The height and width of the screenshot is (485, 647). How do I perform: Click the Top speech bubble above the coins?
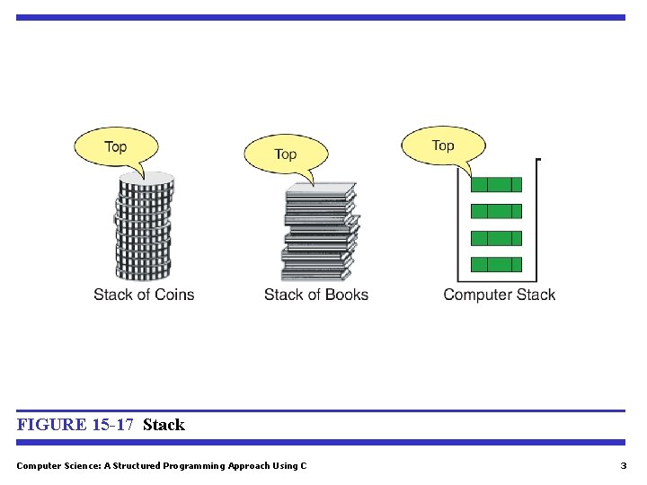click(116, 147)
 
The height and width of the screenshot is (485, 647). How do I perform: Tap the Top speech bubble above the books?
click(286, 154)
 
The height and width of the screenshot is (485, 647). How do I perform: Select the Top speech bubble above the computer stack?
click(443, 145)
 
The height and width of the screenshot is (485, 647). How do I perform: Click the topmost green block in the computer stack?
click(496, 185)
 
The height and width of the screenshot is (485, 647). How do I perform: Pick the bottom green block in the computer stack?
click(496, 264)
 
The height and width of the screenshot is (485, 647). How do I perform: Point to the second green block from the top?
click(496, 211)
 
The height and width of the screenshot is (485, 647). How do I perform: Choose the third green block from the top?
click(496, 238)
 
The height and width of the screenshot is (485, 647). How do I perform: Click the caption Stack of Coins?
click(144, 295)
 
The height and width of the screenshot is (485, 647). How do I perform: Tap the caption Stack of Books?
click(316, 295)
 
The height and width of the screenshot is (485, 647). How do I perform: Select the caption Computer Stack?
click(500, 295)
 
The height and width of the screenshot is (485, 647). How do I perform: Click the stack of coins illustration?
click(143, 229)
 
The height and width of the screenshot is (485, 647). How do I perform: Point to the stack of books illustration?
click(320, 234)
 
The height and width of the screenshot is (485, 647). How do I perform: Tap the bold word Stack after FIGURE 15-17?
click(164, 425)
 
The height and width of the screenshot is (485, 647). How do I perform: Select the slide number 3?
click(623, 465)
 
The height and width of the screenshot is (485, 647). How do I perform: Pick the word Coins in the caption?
click(174, 295)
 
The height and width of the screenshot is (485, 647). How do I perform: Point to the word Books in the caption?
click(347, 295)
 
